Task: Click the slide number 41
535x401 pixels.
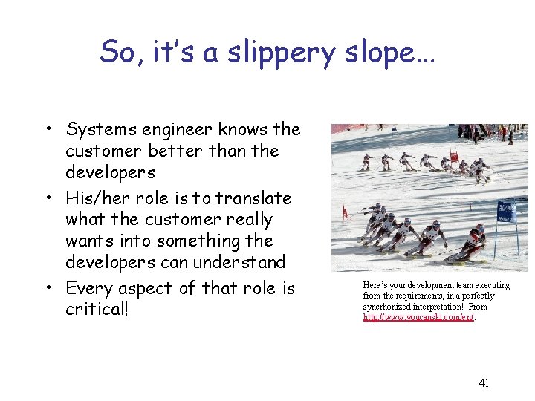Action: coord(484,383)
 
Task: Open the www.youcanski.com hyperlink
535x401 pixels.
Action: coord(418,317)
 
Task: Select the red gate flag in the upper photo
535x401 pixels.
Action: coord(455,157)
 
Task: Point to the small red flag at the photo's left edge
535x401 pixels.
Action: coord(344,213)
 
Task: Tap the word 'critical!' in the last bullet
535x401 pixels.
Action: coord(97,308)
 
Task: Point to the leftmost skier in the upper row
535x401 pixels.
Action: coord(366,161)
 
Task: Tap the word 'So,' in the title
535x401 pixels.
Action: coord(119,53)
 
